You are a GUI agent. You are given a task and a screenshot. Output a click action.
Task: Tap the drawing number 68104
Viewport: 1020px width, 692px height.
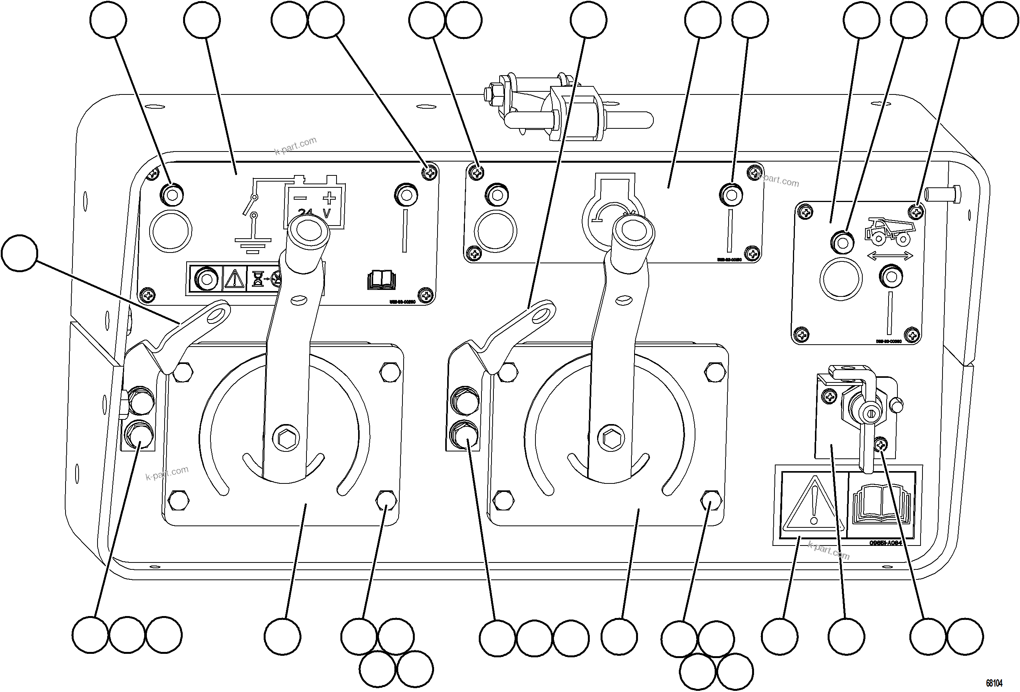tap(994, 683)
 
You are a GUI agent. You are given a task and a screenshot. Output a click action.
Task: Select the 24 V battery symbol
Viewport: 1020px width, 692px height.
tap(314, 203)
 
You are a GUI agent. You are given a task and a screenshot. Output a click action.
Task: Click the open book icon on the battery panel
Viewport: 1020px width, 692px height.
tap(381, 280)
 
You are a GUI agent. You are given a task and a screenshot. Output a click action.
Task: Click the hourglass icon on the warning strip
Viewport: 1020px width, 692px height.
tap(258, 279)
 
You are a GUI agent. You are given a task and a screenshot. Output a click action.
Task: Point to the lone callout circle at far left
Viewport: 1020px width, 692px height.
tap(20, 253)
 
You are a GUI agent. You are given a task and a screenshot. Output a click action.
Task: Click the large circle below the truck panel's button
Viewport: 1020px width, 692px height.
tap(840, 279)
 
